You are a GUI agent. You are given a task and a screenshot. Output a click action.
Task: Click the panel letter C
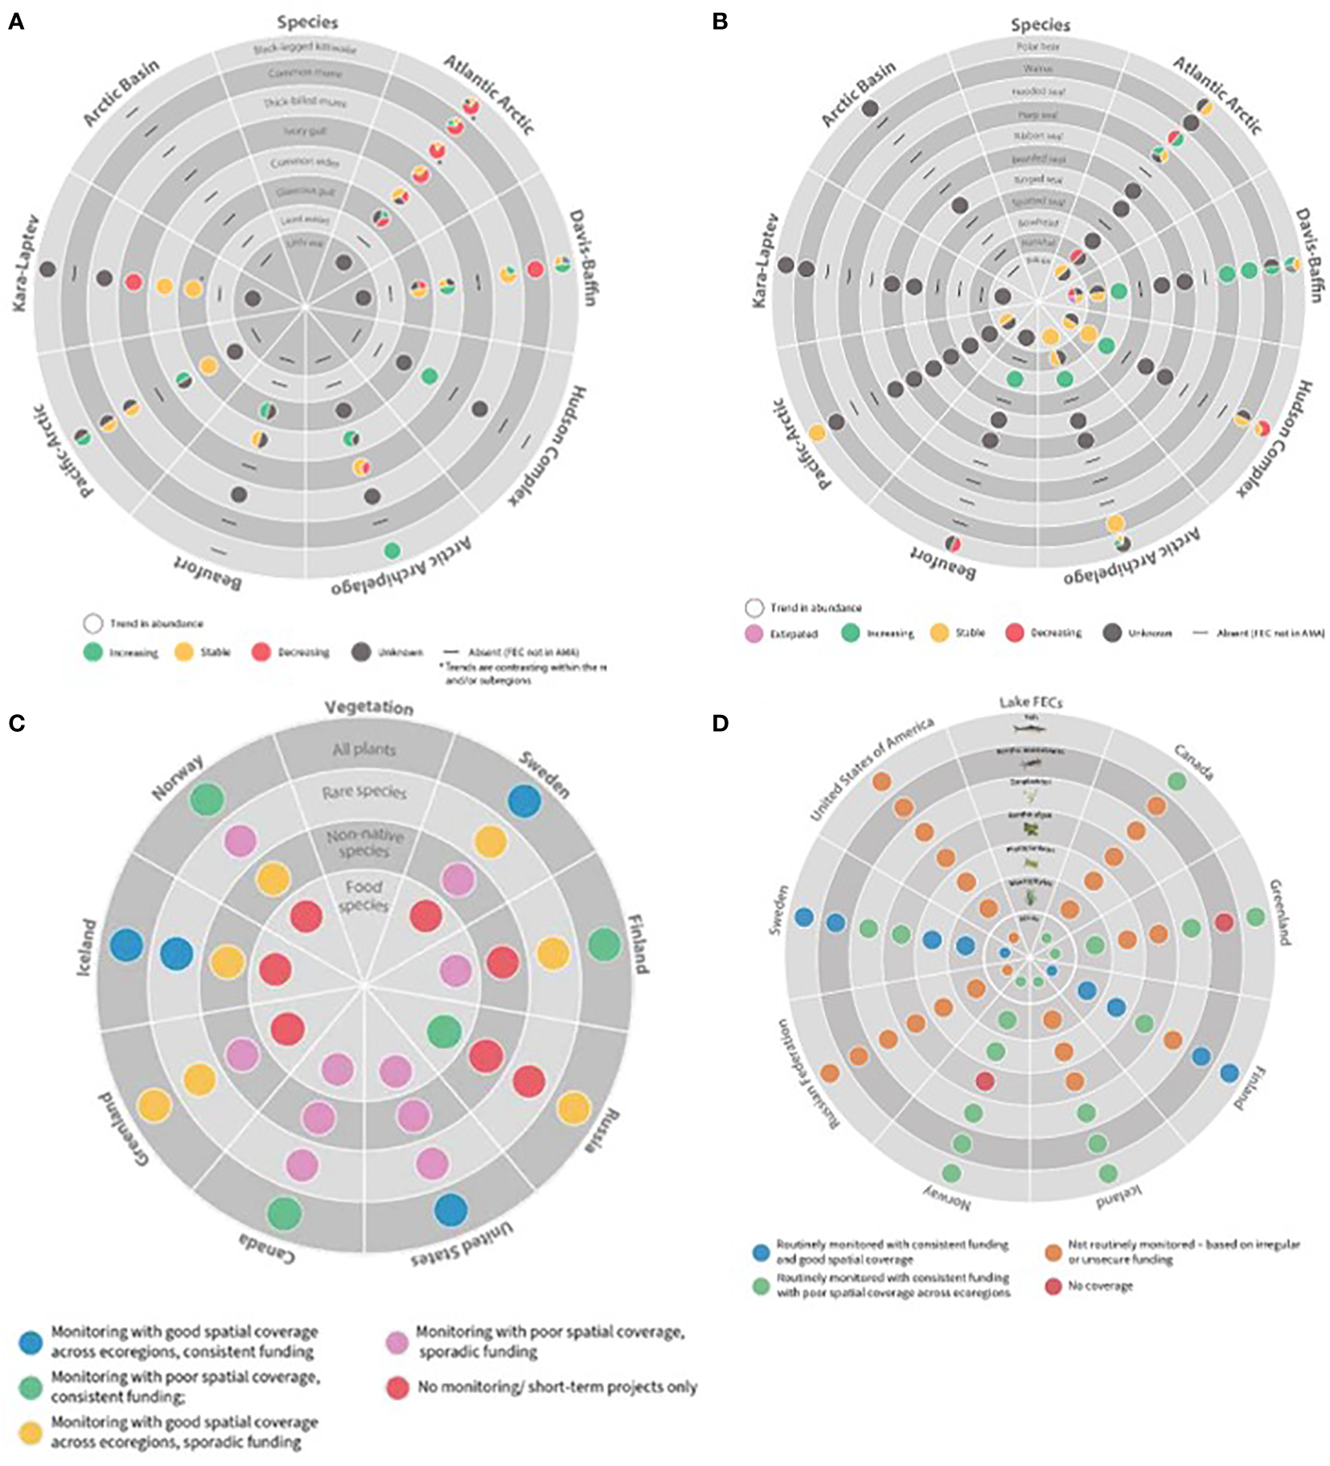(x=16, y=723)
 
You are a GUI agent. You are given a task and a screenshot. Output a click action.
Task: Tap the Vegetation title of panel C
(x=369, y=708)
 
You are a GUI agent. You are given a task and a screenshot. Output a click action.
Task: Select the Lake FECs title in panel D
(x=1030, y=702)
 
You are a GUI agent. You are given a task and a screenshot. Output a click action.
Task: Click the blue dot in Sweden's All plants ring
(x=524, y=801)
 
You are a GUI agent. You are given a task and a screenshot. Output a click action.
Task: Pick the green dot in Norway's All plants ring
(x=207, y=799)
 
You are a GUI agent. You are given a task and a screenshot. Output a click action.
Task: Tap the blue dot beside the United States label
(x=450, y=1210)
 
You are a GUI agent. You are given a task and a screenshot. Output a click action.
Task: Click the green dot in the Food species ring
(x=444, y=1031)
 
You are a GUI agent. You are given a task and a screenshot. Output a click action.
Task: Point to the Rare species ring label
(x=364, y=792)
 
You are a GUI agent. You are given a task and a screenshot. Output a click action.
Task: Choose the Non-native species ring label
(x=364, y=844)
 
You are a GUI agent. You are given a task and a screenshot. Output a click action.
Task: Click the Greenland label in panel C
(x=124, y=1130)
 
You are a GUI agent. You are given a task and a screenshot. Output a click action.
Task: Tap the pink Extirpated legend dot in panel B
(x=753, y=634)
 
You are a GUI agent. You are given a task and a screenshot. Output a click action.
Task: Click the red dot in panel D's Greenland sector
(x=1223, y=922)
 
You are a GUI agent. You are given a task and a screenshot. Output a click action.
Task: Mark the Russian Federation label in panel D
(x=807, y=1074)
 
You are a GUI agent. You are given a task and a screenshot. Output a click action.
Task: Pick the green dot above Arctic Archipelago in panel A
(x=392, y=551)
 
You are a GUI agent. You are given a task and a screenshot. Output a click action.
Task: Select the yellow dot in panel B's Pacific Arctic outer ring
(x=817, y=433)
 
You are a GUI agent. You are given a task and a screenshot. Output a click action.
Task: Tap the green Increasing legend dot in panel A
(x=93, y=652)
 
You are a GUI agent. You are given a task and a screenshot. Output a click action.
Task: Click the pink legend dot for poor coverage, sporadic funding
(x=397, y=1342)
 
